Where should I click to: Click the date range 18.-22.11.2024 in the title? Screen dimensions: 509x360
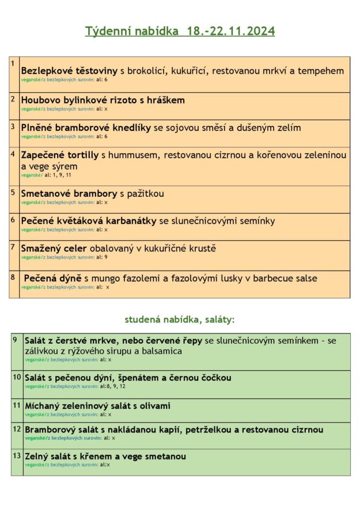(x=230, y=31)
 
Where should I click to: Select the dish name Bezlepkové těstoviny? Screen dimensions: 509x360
(x=69, y=71)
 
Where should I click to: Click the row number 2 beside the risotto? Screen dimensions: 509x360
(x=13, y=98)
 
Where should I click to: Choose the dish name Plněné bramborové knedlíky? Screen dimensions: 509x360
(x=86, y=128)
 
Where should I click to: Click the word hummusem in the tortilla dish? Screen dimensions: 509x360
(x=141, y=155)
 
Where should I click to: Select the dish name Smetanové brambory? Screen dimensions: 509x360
(x=69, y=193)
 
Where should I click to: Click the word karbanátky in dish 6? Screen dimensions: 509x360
(x=130, y=221)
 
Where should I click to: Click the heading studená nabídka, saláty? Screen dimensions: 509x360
(x=180, y=319)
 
